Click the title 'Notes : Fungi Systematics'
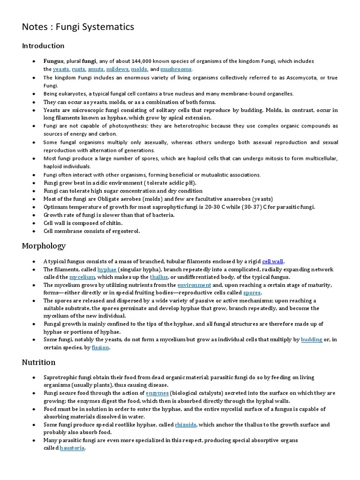pyautogui.click(x=78, y=27)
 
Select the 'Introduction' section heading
pyautogui.click(x=43, y=46)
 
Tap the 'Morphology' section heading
pyautogui.click(x=44, y=246)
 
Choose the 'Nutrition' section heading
pyautogui.click(x=38, y=362)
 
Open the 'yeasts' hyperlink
pyautogui.click(x=61, y=69)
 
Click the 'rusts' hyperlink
pyautogui.click(x=78, y=69)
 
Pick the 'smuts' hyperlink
pyautogui.click(x=96, y=69)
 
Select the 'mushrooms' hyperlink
pyautogui.click(x=176, y=69)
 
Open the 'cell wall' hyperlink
pyautogui.click(x=273, y=262)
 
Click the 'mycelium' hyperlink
pyautogui.click(x=82, y=277)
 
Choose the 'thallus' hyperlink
pyautogui.click(x=158, y=277)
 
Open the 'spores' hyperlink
pyautogui.click(x=252, y=292)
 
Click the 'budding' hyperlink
pyautogui.click(x=311, y=339)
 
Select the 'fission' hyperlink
pyautogui.click(x=101, y=347)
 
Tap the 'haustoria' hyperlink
pyautogui.click(x=72, y=448)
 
